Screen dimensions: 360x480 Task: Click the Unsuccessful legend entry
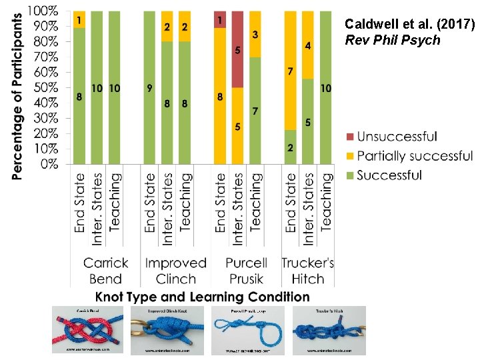397,137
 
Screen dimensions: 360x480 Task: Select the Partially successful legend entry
415,156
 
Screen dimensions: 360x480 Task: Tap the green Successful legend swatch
348,175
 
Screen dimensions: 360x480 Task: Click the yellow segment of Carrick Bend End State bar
79,19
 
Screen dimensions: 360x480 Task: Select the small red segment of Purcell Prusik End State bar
221,19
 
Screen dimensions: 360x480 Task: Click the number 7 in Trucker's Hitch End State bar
291,71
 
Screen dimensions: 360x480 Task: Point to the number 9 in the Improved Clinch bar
149,87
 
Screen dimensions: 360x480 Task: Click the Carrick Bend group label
105,271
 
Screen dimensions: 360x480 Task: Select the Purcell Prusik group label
245,271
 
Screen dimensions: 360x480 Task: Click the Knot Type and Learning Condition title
202,297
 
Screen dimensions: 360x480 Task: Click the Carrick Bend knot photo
88,329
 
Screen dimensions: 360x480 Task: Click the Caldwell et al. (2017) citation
409,25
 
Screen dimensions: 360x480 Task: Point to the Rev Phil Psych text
383,40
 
